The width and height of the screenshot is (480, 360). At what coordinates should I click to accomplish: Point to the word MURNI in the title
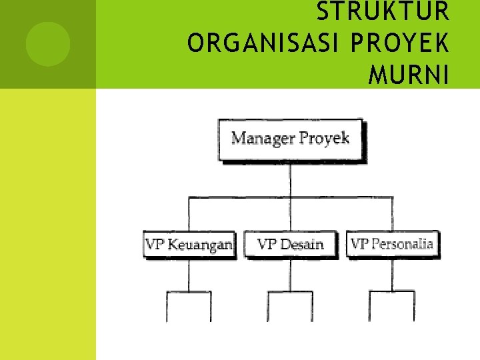click(x=409, y=75)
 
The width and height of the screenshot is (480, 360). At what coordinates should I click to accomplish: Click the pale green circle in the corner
click(x=48, y=44)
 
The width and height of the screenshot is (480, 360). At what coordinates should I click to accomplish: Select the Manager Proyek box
click(x=291, y=139)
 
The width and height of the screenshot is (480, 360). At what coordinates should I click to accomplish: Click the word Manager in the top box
click(x=262, y=139)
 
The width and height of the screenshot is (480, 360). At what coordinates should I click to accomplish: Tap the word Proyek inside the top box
click(x=325, y=139)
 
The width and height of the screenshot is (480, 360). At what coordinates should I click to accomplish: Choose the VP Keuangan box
click(x=189, y=244)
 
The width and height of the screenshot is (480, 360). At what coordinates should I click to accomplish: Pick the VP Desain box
click(x=290, y=244)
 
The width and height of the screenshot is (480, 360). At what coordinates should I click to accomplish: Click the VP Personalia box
click(x=392, y=244)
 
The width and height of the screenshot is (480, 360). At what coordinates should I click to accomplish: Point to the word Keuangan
click(x=200, y=245)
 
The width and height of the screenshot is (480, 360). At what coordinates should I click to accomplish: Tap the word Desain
click(x=301, y=245)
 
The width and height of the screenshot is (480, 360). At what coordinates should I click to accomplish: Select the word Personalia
click(x=402, y=244)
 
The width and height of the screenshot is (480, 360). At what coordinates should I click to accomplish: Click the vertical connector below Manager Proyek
click(x=291, y=179)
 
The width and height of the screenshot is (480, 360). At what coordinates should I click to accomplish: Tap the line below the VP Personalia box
click(x=392, y=274)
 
